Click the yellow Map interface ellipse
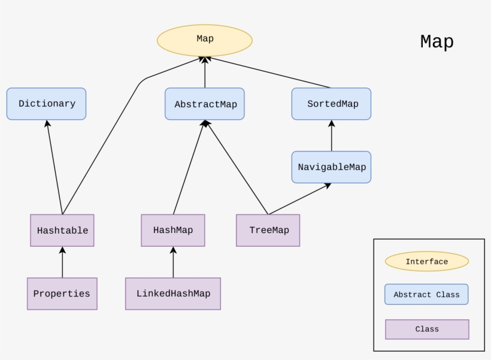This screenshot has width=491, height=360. pos(205,40)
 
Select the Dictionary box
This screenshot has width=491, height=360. pos(46,104)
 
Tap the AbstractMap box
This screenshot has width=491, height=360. pos(205,104)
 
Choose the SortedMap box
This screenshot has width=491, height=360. pos(331,104)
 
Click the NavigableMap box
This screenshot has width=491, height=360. pos(331,167)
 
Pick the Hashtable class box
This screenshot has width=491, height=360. pos(62,230)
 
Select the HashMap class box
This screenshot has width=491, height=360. pos(173,230)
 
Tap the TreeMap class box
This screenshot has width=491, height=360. pos(268,230)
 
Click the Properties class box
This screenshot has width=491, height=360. pos(62,294)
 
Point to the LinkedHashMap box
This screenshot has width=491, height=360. pos(173,294)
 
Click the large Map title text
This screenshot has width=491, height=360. pos(437,42)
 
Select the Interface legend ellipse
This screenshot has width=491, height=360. pos(426,261)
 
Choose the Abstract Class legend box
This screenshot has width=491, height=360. pos(426,294)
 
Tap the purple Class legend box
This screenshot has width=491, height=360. pos(426,329)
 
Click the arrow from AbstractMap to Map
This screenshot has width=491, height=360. pos(205,72)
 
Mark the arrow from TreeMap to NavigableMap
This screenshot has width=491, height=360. pos(299,199)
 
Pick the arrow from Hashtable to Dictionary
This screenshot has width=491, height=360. pos(54,167)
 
